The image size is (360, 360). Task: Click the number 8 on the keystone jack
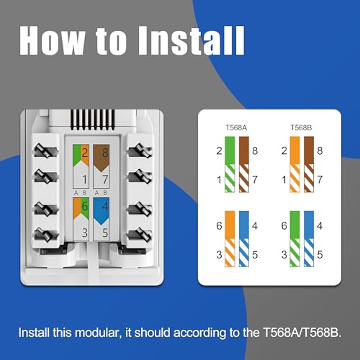point(105,152)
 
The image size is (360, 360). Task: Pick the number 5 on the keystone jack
point(105,233)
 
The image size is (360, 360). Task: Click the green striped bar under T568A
point(229,178)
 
